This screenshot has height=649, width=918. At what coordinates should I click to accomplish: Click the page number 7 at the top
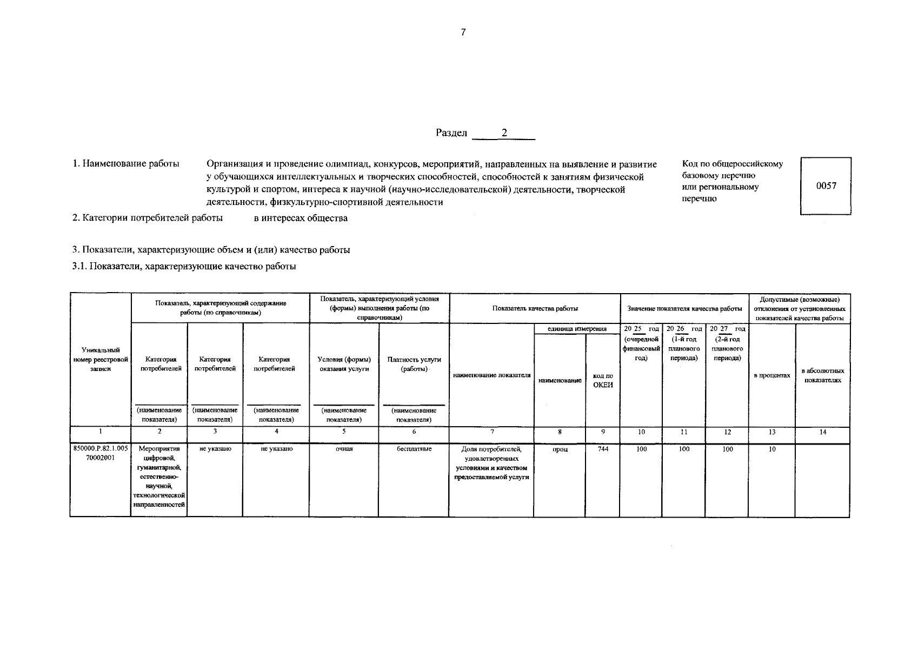[463, 32]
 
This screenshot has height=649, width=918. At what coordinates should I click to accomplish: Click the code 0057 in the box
[826, 186]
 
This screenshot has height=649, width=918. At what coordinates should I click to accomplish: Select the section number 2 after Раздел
[504, 133]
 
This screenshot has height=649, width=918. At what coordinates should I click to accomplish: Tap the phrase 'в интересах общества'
[301, 218]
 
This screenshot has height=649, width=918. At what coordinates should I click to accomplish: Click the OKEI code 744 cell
[602, 449]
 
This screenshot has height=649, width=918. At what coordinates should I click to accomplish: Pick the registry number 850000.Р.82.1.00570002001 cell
[100, 453]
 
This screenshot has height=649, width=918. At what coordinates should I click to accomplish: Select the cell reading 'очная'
[344, 449]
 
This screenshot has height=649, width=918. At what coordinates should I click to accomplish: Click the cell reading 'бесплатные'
[414, 449]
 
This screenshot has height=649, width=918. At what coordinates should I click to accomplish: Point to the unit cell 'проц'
[560, 449]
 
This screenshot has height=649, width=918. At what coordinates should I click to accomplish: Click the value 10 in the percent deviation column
[771, 449]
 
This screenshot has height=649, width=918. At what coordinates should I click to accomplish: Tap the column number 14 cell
[822, 432]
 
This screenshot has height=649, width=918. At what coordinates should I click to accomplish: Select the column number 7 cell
[491, 432]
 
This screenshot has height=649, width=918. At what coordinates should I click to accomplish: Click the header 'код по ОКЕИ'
[602, 380]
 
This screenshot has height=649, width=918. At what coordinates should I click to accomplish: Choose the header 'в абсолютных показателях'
[822, 375]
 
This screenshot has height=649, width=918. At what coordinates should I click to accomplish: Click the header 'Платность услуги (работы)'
[414, 364]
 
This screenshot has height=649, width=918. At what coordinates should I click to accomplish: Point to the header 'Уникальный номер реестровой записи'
[100, 359]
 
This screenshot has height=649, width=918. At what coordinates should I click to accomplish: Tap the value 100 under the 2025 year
[641, 449]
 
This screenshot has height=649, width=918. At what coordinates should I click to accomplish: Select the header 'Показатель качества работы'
[535, 308]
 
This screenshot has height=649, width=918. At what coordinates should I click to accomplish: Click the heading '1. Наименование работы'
[126, 164]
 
